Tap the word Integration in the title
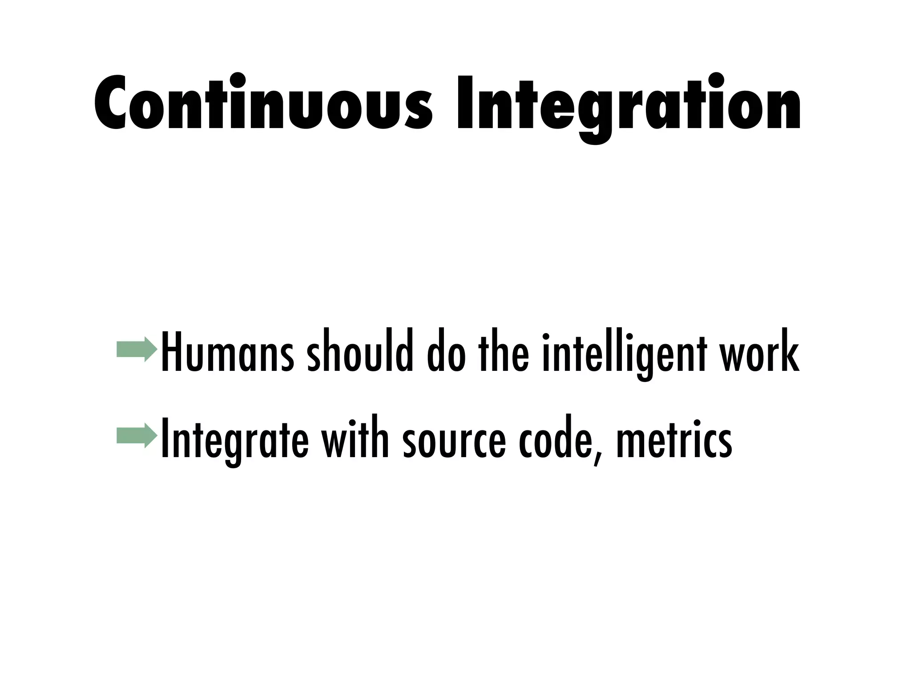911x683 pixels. (x=629, y=107)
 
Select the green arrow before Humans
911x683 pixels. (x=137, y=350)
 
